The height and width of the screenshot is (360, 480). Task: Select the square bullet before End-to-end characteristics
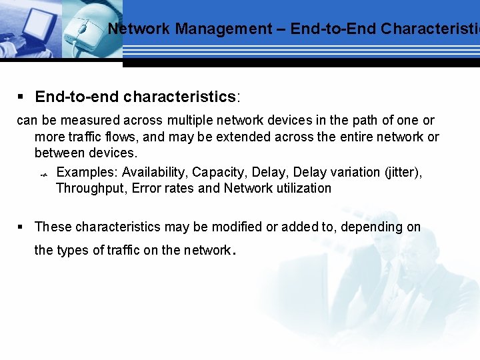(x=21, y=97)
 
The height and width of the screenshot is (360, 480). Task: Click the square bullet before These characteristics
(x=21, y=227)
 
